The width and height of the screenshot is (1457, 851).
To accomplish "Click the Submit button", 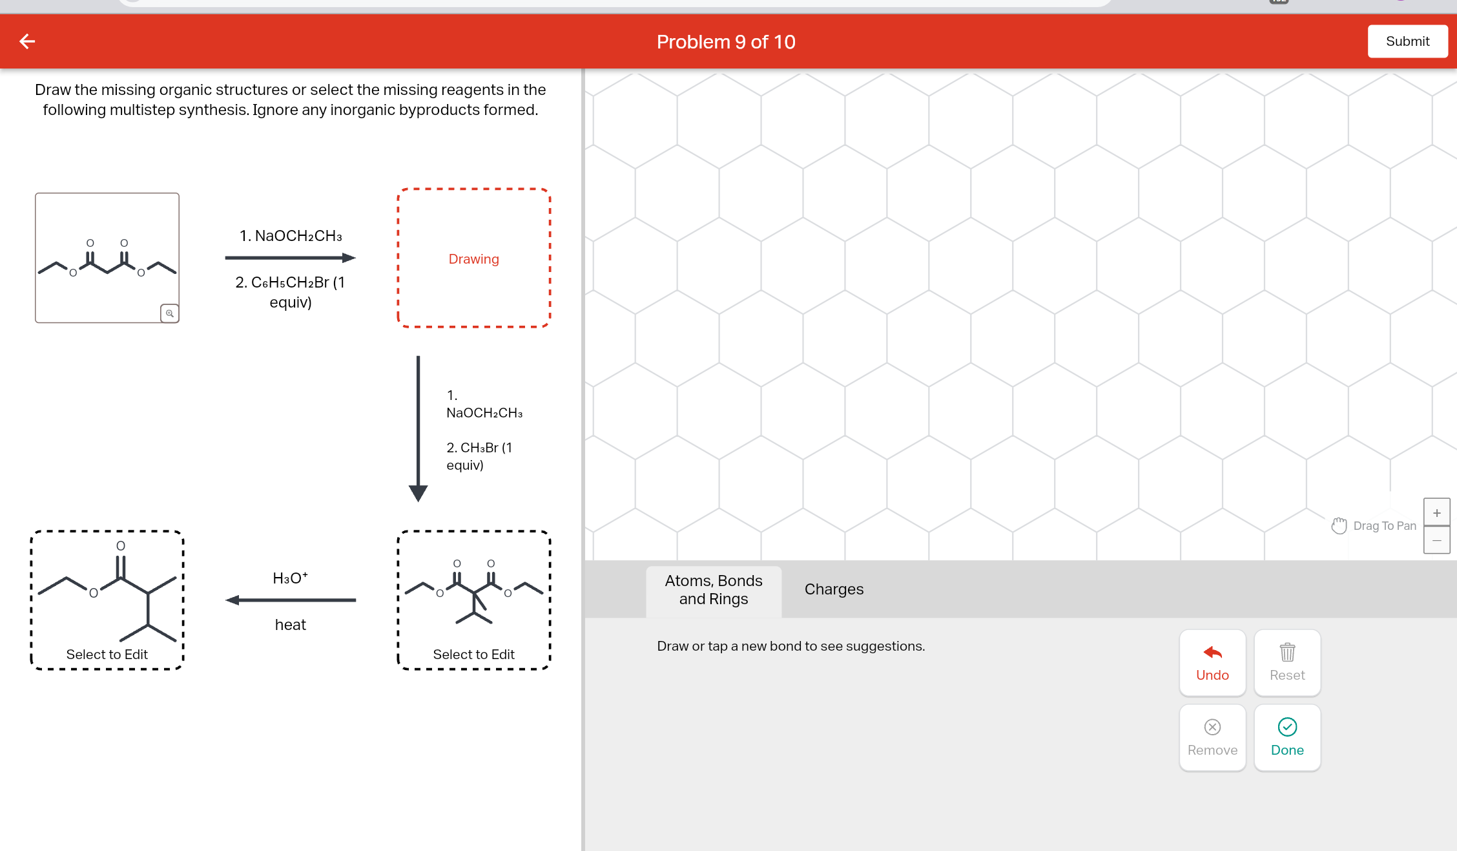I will point(1407,41).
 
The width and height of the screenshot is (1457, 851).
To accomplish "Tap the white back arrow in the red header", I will point(27,41).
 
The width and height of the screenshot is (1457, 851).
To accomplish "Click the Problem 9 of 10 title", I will point(726,42).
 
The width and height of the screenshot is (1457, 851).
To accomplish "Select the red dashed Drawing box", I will point(473,258).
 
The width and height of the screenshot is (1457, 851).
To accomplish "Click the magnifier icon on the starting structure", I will point(169,313).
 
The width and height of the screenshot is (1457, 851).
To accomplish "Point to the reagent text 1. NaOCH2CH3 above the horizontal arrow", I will point(291,236).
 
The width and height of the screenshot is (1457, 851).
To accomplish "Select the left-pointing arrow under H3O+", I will point(291,600).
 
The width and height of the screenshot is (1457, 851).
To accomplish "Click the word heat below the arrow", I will point(291,625).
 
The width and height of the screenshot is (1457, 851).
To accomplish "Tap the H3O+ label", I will point(291,578).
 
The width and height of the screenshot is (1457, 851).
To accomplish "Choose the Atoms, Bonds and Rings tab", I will point(714,590).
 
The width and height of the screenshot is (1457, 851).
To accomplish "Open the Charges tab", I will point(834,589).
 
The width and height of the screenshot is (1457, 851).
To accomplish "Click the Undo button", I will point(1212,662).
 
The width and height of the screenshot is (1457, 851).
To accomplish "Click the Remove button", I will point(1212,737).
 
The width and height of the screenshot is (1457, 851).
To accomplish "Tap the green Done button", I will point(1287,737).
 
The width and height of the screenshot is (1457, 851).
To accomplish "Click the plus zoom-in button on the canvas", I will point(1436,513).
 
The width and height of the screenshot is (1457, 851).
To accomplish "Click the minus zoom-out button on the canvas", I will point(1436,540).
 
